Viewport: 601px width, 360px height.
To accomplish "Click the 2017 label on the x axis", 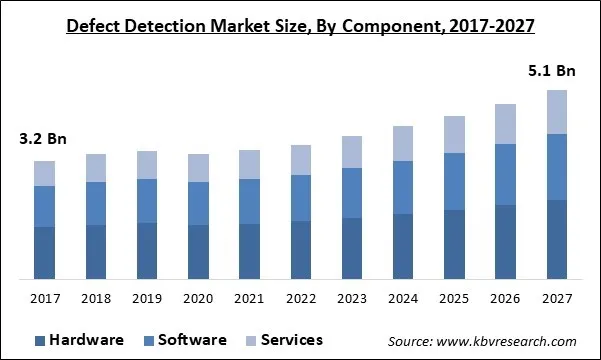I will (x=45, y=298).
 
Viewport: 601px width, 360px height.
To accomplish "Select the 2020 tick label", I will (x=199, y=298).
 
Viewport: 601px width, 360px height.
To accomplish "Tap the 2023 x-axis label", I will (x=352, y=298).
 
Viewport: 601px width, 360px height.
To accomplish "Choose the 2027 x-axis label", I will (x=557, y=298).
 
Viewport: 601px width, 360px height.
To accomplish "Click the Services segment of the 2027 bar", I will (x=557, y=111).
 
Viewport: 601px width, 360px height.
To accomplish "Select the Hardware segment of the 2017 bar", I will (x=45, y=252).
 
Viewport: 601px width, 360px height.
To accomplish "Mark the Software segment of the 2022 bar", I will (x=301, y=198).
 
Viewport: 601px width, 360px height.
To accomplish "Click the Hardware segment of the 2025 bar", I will (x=455, y=244).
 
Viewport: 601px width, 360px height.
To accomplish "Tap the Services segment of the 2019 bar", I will (x=147, y=165).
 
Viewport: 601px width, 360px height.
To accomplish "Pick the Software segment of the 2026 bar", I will (x=506, y=175).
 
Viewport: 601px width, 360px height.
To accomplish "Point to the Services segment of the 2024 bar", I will (x=403, y=144).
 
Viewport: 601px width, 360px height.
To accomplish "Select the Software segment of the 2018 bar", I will (x=96, y=203).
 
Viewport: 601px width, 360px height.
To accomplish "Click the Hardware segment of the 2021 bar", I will (x=250, y=251).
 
